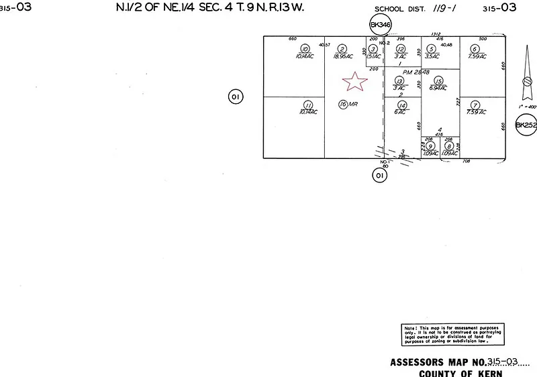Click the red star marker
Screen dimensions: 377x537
[355, 82]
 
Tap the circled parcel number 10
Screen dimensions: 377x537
[305, 49]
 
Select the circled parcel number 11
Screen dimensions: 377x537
[308, 105]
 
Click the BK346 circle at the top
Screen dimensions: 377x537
[381, 25]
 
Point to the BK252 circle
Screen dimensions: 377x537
[526, 125]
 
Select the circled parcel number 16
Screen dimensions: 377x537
[343, 104]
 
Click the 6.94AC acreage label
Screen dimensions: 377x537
[439, 88]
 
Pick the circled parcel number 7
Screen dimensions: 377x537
[475, 105]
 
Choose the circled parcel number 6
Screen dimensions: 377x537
[475, 49]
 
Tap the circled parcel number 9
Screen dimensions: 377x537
[430, 146]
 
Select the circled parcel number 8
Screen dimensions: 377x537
[449, 146]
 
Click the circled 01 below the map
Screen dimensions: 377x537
[381, 176]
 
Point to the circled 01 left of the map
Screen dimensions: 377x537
[236, 97]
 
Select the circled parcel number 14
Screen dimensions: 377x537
[402, 105]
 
